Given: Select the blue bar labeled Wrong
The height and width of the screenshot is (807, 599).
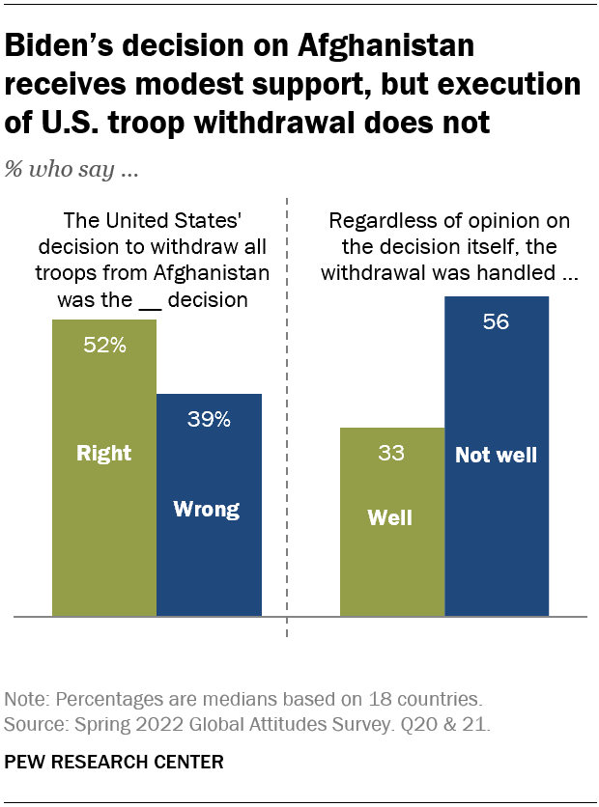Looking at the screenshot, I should coord(209,541).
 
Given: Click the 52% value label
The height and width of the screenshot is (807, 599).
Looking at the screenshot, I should coord(104,346).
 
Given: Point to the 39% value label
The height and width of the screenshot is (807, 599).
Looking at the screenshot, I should coord(209,419).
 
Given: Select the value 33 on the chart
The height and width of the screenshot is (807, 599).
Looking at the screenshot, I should coord(391,454).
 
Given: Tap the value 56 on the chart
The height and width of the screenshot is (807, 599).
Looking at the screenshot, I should coord(496,322).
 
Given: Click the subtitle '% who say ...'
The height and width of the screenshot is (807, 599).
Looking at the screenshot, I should coord(71,170).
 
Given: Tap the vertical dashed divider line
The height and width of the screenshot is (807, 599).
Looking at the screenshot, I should coord(288,434).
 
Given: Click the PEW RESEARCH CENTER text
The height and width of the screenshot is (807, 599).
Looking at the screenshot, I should coord(114,762).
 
